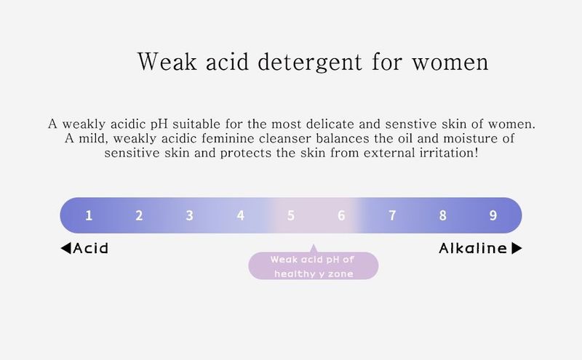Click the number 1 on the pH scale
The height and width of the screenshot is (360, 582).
(x=89, y=215)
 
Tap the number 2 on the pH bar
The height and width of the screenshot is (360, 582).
(x=139, y=215)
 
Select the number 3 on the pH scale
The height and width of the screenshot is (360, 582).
(x=190, y=215)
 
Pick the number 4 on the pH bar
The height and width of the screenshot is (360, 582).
(x=241, y=215)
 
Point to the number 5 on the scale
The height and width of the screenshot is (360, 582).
(x=291, y=215)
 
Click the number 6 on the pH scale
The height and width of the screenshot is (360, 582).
(x=341, y=215)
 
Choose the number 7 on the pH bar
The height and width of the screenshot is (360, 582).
(x=392, y=215)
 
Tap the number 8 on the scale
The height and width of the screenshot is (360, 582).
(x=443, y=215)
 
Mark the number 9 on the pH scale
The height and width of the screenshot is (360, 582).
(x=493, y=215)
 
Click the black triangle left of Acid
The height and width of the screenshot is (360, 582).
(x=66, y=248)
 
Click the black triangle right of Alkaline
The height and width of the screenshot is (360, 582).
(x=517, y=248)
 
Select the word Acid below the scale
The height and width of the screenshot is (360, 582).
(x=90, y=248)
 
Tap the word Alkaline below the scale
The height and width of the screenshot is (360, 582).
(x=473, y=248)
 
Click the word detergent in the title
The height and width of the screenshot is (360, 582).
(x=310, y=62)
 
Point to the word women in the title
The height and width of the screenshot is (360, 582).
(x=450, y=63)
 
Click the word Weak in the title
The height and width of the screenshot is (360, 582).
(x=167, y=61)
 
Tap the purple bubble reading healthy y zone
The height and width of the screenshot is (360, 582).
(x=314, y=265)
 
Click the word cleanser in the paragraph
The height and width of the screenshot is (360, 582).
(x=285, y=138)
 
